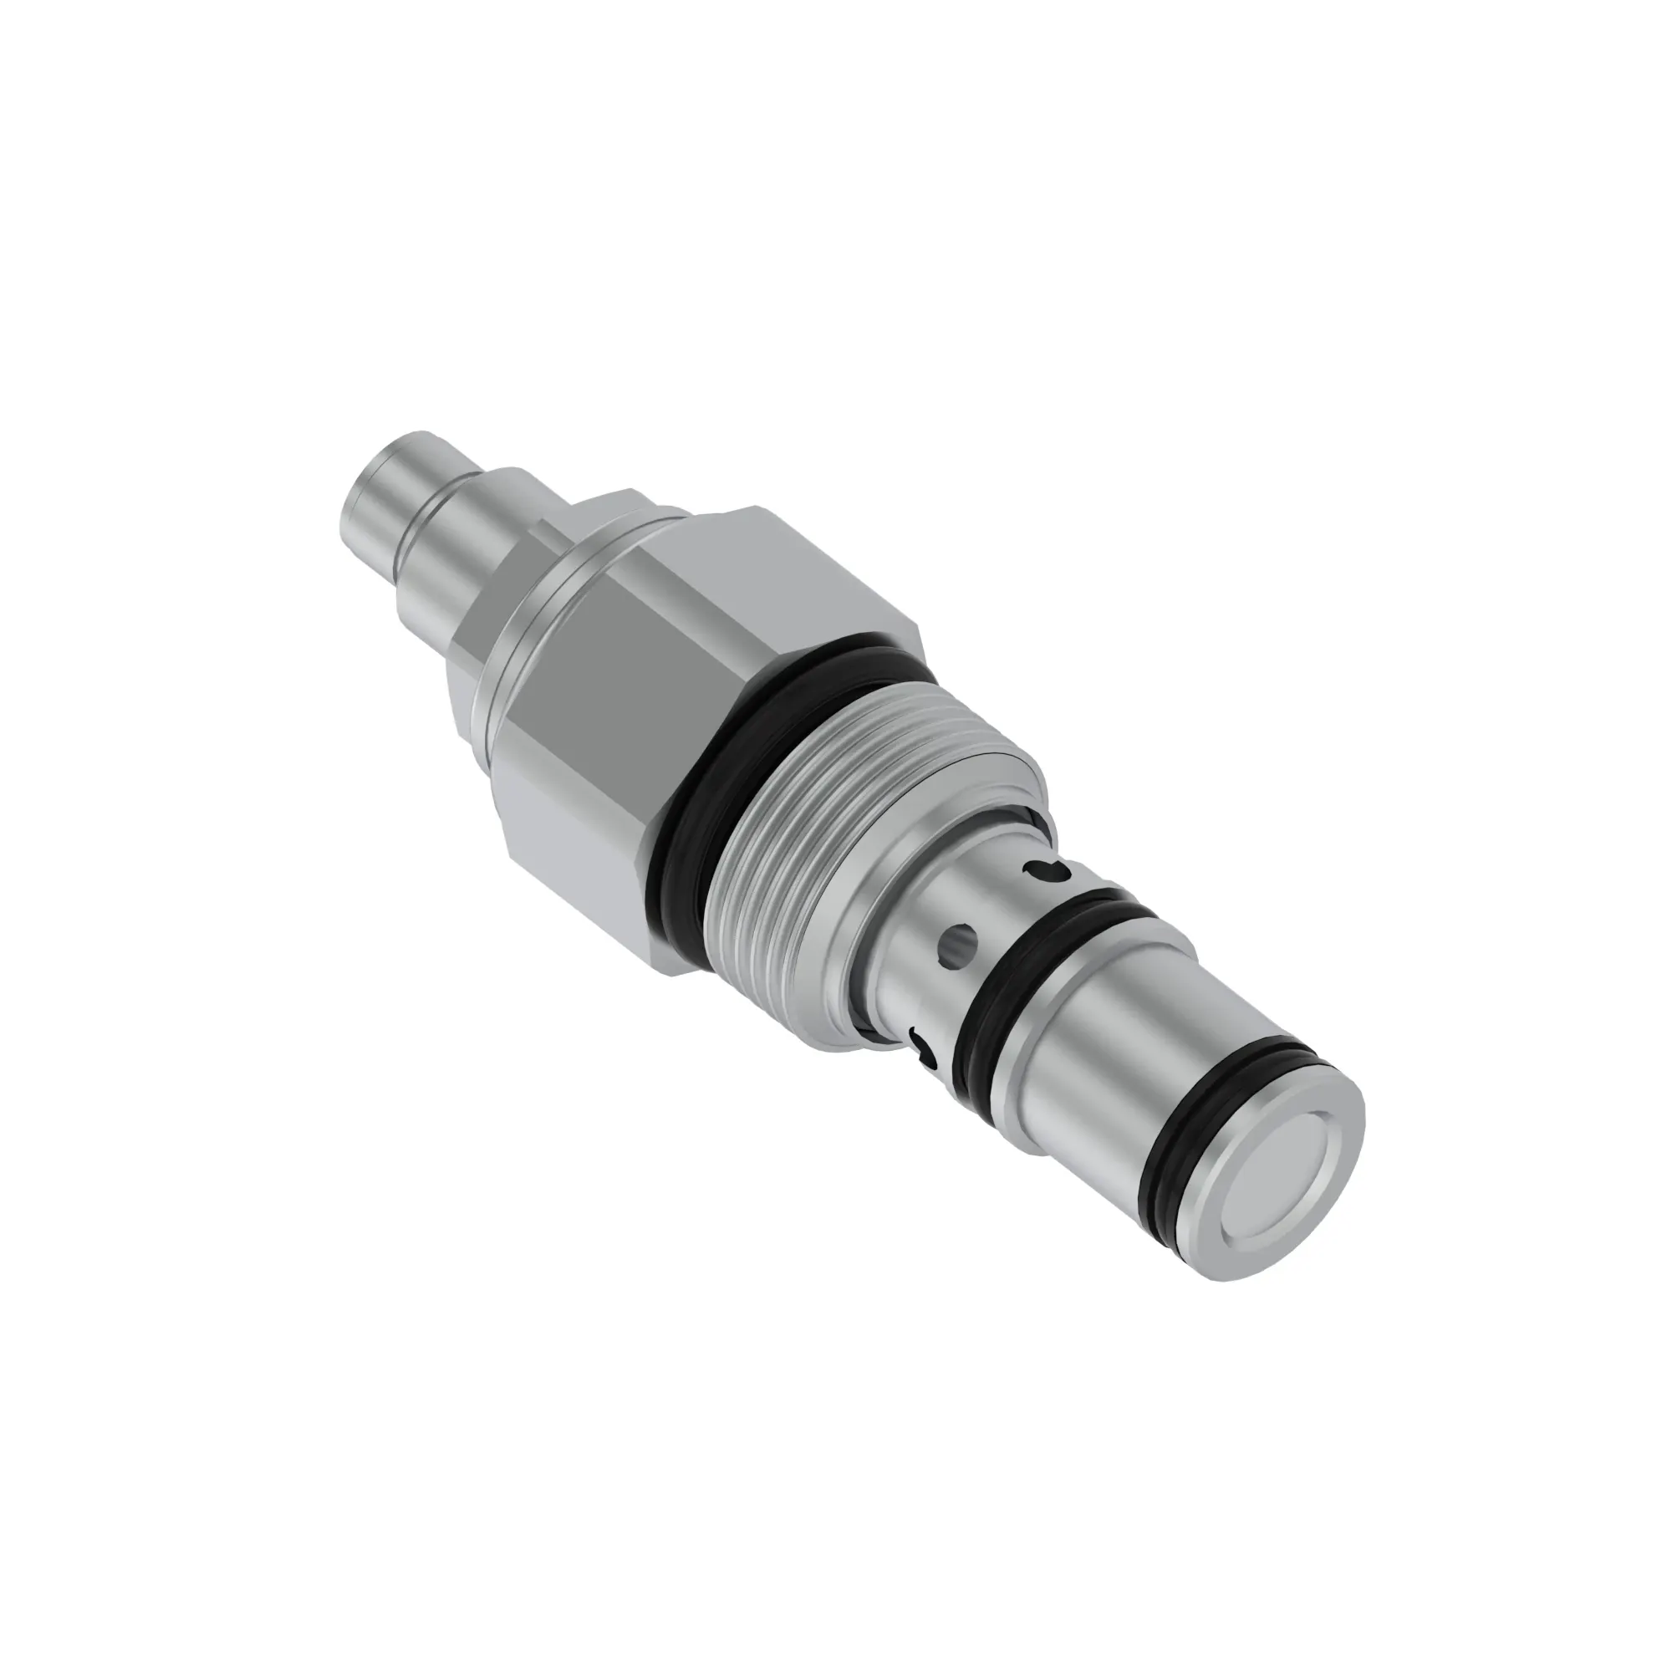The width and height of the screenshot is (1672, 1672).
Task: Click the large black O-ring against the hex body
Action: pos(692,831)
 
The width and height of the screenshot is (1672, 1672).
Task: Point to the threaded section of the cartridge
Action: pos(831,831)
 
